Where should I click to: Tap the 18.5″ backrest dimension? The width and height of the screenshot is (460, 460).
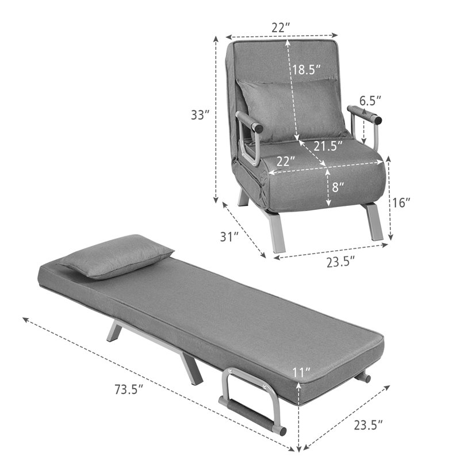click(x=305, y=70)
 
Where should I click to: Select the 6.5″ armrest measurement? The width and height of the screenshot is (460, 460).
click(x=371, y=101)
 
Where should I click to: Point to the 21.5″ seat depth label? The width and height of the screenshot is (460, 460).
click(x=328, y=147)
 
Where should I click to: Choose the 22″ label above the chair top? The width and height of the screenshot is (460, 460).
click(x=281, y=26)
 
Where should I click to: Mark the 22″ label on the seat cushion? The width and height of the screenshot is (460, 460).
click(x=286, y=162)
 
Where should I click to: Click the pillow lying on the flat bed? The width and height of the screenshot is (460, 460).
click(x=115, y=256)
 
